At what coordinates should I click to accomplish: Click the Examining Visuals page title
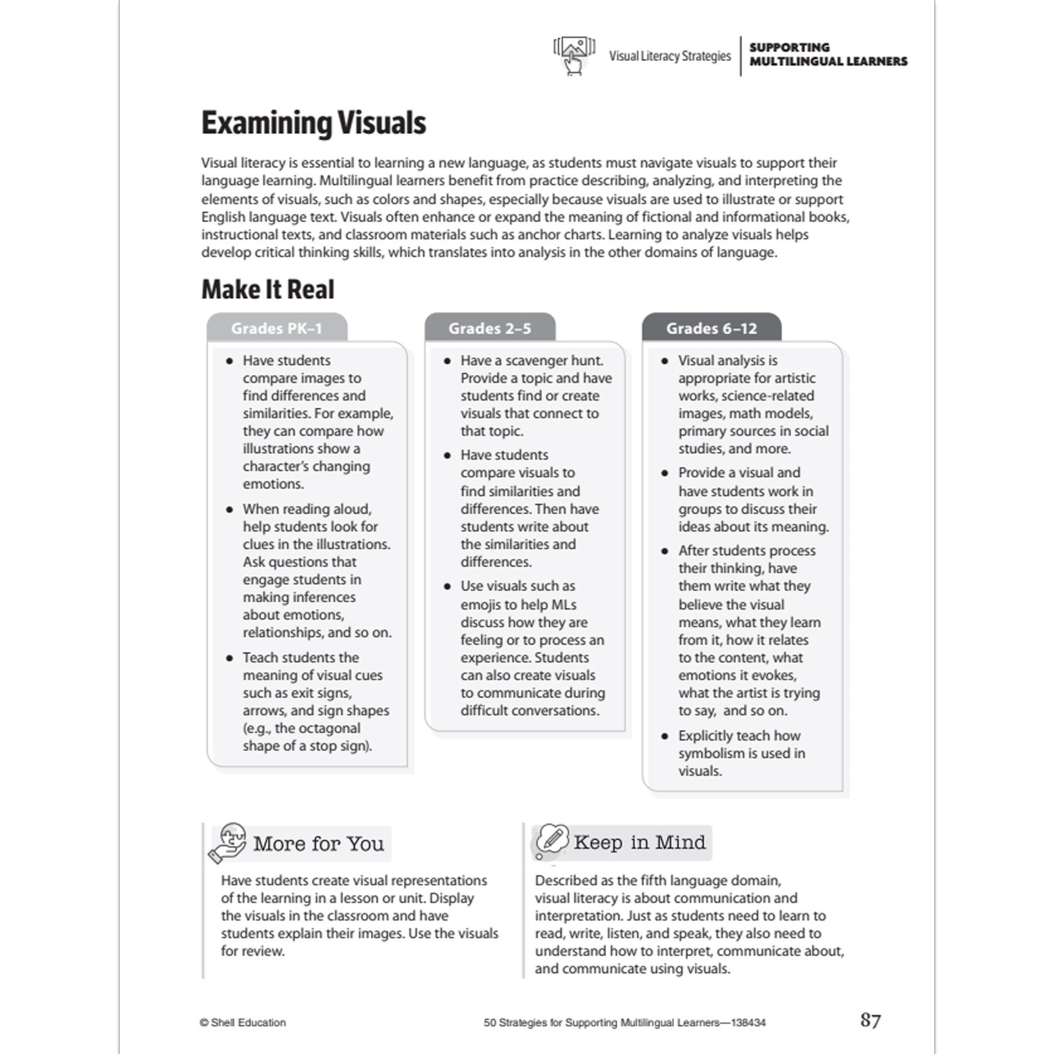(313, 124)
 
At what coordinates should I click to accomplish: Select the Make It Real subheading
(268, 289)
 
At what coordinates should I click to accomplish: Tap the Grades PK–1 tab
(276, 328)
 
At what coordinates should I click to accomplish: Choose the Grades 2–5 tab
(490, 328)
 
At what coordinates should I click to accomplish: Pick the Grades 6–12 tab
(711, 328)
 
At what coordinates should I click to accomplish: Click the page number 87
(870, 1021)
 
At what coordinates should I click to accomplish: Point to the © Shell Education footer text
(243, 1022)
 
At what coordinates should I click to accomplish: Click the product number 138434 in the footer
(748, 1022)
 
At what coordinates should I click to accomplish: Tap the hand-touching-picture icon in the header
(574, 56)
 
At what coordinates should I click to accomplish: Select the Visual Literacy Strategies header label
(670, 56)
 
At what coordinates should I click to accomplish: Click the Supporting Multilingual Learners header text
(828, 54)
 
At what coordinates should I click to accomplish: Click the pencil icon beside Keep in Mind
(552, 839)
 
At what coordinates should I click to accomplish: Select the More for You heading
(319, 844)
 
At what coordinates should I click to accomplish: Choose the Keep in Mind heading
(639, 842)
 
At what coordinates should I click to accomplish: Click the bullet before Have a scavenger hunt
(447, 361)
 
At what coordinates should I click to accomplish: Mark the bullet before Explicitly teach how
(665, 736)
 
